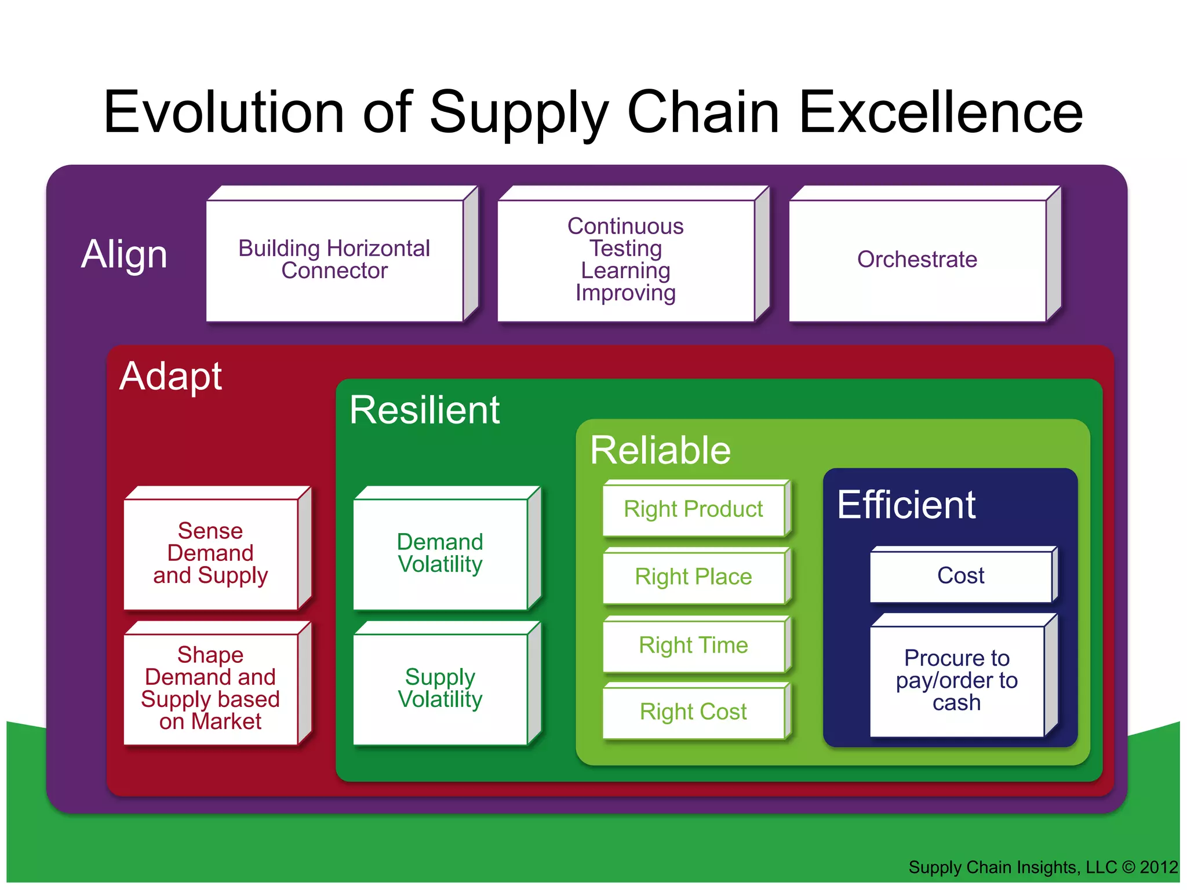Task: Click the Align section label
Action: click(x=124, y=254)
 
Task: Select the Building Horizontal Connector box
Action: click(x=334, y=260)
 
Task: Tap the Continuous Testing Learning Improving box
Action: click(x=626, y=260)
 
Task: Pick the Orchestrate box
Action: click(x=917, y=260)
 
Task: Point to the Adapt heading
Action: click(x=170, y=377)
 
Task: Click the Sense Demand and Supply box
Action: click(x=211, y=554)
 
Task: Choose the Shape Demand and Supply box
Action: click(x=211, y=689)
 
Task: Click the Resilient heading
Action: click(x=424, y=410)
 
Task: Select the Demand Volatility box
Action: click(x=440, y=554)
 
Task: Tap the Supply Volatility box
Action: click(x=440, y=689)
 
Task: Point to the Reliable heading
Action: click(x=660, y=450)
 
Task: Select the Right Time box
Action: click(x=694, y=645)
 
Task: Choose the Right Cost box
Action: click(x=694, y=712)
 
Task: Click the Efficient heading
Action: click(x=906, y=505)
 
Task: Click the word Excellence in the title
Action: click(x=940, y=112)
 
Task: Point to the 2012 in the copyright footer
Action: click(x=1159, y=867)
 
